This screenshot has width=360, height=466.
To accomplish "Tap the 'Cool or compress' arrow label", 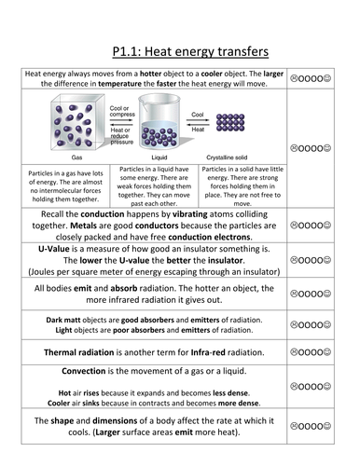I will (x=118, y=110).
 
